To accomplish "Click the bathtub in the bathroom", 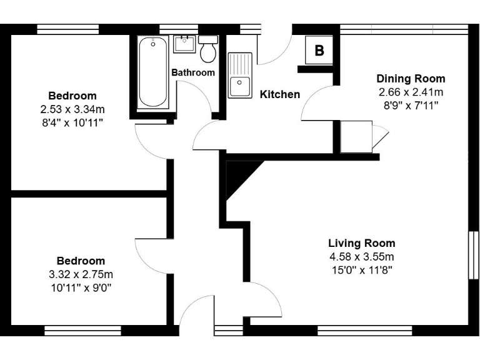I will (153, 72).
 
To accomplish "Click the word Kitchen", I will (279, 94).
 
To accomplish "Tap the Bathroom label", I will (193, 72).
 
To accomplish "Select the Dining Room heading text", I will (411, 79).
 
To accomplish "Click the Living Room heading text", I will (362, 243).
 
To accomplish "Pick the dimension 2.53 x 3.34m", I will (72, 109).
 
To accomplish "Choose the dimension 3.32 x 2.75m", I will (81, 274).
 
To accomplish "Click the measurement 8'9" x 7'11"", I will (411, 105).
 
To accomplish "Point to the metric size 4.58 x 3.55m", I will (362, 257).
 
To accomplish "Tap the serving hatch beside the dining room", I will (356, 137).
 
